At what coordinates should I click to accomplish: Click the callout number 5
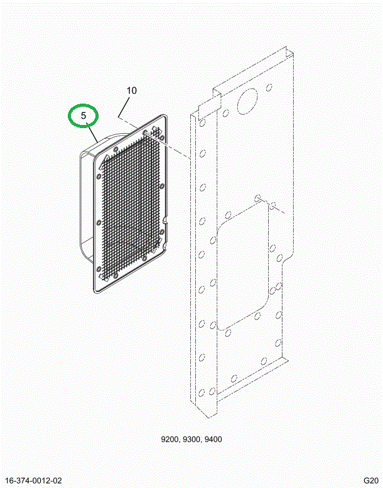[x=84, y=116]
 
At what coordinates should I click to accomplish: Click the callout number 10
[x=132, y=90]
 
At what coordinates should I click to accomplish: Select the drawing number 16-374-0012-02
[x=34, y=480]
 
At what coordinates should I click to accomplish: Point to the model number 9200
[x=170, y=440]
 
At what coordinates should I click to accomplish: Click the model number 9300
[x=191, y=440]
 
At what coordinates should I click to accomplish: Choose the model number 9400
[x=213, y=440]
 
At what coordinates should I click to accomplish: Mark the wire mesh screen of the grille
[x=131, y=205]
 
